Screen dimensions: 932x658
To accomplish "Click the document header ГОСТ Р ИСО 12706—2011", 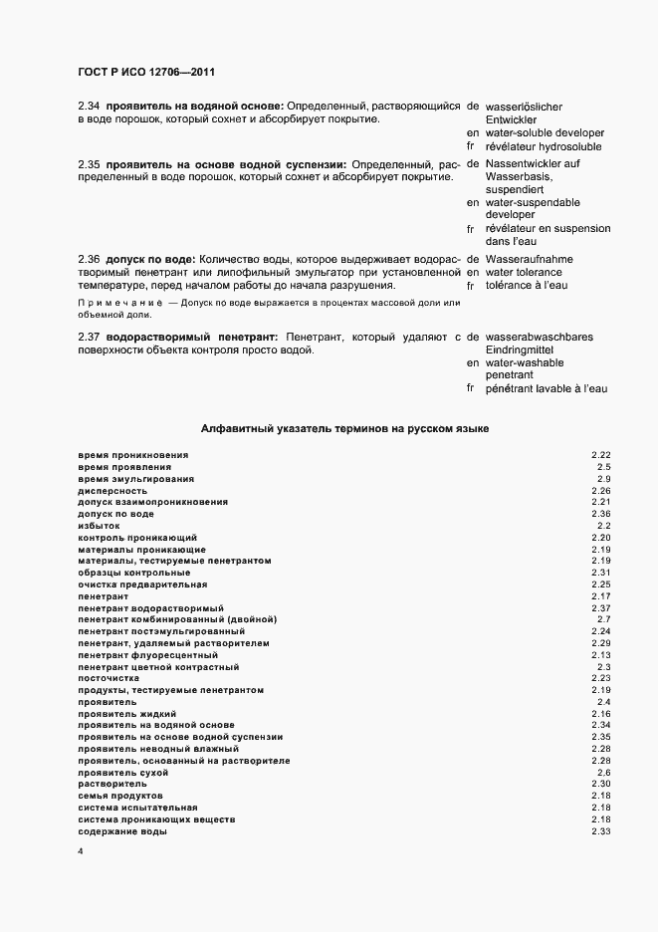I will pyautogui.click(x=146, y=73).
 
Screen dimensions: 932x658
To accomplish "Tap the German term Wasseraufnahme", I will pyautogui.click(x=528, y=259).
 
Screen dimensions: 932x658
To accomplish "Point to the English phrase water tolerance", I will pyautogui.click(x=523, y=272).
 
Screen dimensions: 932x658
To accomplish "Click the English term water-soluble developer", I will pyautogui.click(x=545, y=132).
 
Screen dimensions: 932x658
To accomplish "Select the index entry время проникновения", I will pyautogui.click(x=133, y=455).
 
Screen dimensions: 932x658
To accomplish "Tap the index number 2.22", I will pyautogui.click(x=600, y=455).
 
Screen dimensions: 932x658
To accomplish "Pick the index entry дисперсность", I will pyautogui.click(x=112, y=491).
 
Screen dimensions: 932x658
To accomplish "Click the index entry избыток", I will pyautogui.click(x=100, y=526).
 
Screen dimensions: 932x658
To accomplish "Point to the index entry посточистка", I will pyautogui.click(x=109, y=678).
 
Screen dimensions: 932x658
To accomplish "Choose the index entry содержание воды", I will pyautogui.click(x=122, y=831).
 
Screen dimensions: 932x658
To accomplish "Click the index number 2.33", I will pyautogui.click(x=600, y=831).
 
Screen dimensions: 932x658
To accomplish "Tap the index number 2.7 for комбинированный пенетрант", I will pyautogui.click(x=603, y=619).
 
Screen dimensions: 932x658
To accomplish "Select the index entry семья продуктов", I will pyautogui.click(x=119, y=796).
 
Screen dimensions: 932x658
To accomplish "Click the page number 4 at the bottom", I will pyautogui.click(x=81, y=853).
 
